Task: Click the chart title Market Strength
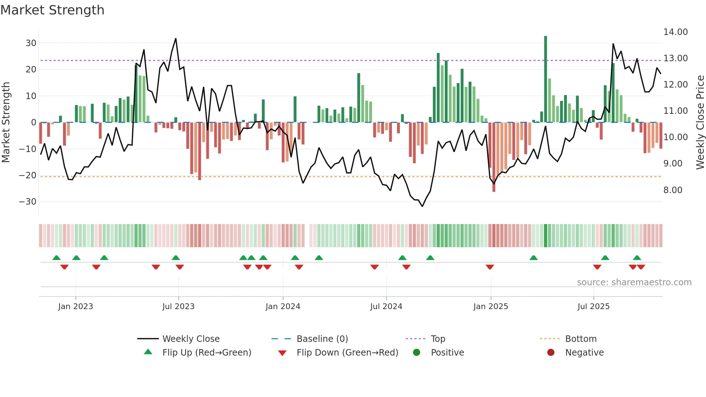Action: pos(52,10)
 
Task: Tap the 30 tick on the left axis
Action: pos(31,43)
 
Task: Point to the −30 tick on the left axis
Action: pos(28,202)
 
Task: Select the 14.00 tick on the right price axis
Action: pos(675,32)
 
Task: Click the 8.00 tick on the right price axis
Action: pos(673,190)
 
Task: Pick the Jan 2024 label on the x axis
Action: pos(283,307)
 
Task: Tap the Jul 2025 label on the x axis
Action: pos(593,307)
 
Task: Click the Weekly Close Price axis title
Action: pos(700,122)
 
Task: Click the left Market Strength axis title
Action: pos(6,122)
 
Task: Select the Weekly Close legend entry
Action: pos(191,339)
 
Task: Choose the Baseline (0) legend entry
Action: pos(322,339)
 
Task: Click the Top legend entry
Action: pos(438,339)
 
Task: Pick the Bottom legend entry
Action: pos(581,339)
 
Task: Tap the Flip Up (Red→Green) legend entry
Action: pos(206,353)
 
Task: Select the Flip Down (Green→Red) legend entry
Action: pos(347,353)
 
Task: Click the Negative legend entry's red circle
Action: pos(551,353)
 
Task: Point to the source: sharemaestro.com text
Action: pos(634,282)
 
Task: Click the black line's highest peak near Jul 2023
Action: pos(176,39)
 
